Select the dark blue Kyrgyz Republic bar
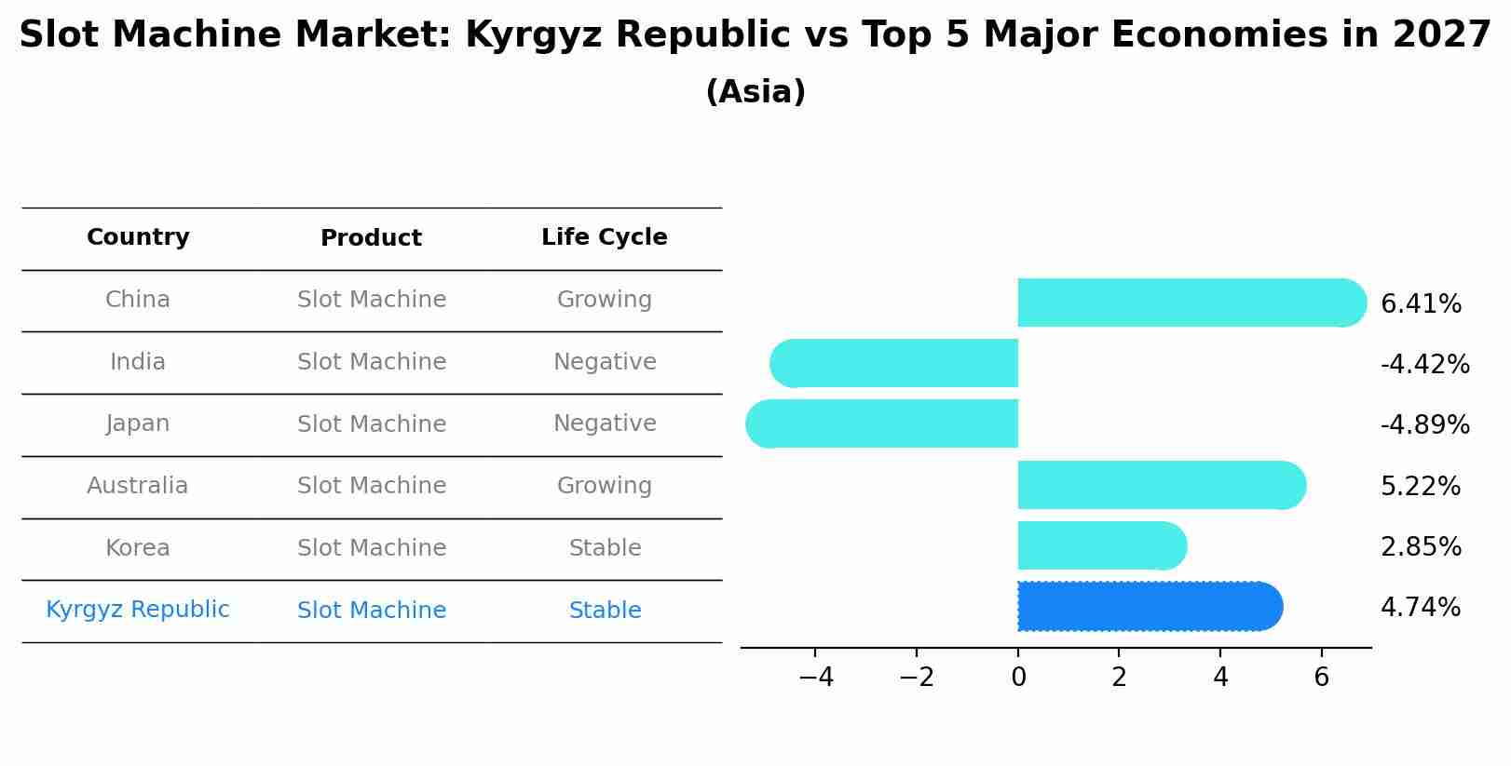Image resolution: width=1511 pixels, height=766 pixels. pos(1146,607)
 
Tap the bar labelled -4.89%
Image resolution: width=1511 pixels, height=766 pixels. pos(885,423)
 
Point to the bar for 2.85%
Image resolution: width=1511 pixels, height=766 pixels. pos(1099,545)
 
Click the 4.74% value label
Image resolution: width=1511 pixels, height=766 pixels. pos(1420,608)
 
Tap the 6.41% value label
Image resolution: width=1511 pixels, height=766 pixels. pos(1420,304)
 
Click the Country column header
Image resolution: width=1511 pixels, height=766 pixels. pos(138,237)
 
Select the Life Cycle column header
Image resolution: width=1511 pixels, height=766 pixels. pos(604,237)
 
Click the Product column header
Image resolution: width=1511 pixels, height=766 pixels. pos(371,238)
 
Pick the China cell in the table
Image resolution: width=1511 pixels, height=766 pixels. pos(138,300)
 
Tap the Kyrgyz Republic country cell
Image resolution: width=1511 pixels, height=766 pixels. pos(138,610)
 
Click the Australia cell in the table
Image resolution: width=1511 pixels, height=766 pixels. pos(138,486)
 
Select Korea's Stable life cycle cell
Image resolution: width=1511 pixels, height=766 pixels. pos(605,548)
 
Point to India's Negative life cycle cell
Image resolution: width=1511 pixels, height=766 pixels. pos(605,362)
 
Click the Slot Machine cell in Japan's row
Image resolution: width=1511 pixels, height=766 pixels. pos(371,424)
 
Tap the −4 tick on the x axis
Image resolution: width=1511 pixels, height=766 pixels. pos(815,678)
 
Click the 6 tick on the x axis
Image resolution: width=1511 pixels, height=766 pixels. pos(1321,678)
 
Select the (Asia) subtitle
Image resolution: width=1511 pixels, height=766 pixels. pos(755,92)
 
